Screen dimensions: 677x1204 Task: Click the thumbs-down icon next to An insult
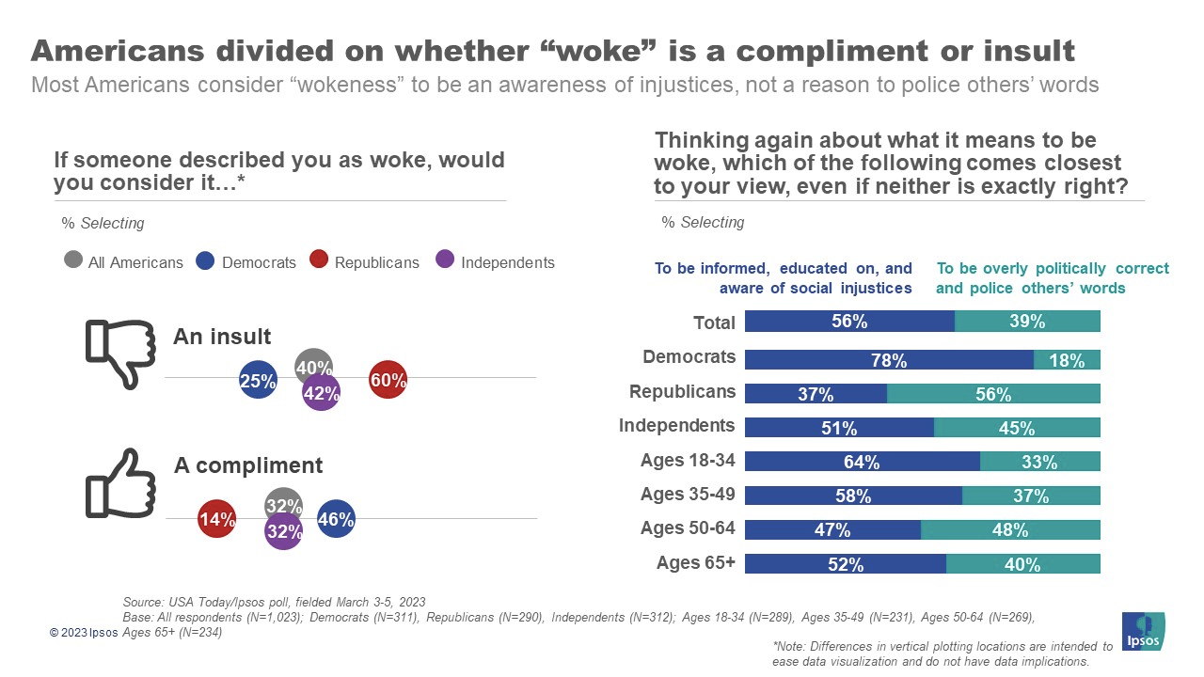[x=120, y=354]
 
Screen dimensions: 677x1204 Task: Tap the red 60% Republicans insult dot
[x=388, y=380]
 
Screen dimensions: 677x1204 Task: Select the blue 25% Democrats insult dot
[x=257, y=381]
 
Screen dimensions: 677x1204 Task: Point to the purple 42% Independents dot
[x=321, y=394]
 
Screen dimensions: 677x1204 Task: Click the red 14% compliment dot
[x=216, y=518]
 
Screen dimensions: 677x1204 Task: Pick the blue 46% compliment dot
[x=336, y=518]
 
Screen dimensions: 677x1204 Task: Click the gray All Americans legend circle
[x=73, y=260]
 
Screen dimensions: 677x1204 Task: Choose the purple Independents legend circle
[x=446, y=260]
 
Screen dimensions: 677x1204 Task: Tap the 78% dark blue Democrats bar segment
[x=889, y=359]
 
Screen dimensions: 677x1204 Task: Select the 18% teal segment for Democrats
[x=1067, y=359]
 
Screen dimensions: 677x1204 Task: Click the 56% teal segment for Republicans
[x=993, y=393]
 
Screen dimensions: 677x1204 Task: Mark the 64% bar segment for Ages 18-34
[x=862, y=462]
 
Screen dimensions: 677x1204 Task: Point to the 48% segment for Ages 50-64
[x=1010, y=529]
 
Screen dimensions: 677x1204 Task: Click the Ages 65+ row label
[x=695, y=563]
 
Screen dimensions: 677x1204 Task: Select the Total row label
[x=714, y=323]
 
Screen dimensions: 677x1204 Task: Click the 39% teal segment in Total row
[x=1027, y=321]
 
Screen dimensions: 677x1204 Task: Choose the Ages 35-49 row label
[x=688, y=495]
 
